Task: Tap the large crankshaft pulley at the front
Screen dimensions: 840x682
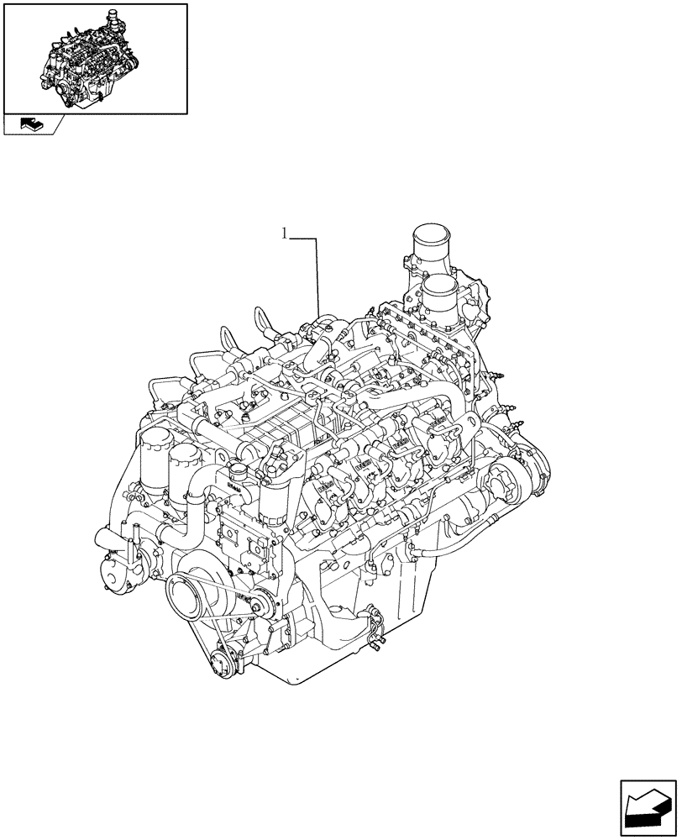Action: point(191,600)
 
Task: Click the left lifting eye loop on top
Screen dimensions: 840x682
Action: point(226,339)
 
